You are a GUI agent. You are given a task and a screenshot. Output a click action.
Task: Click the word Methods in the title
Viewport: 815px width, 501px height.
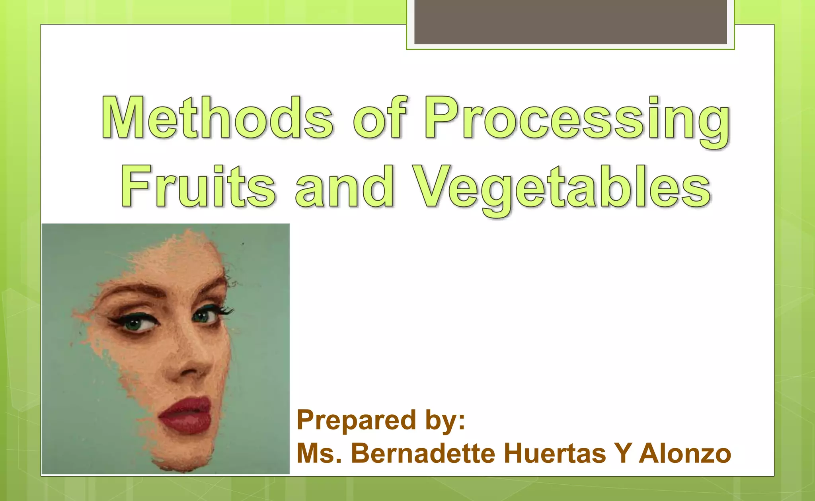(x=217, y=118)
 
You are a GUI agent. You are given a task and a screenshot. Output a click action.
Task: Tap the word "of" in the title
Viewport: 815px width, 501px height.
(x=380, y=118)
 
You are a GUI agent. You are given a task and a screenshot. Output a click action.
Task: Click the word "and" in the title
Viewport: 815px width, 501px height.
(x=344, y=187)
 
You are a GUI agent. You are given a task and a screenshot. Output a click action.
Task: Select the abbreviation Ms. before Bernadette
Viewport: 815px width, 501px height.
(x=319, y=454)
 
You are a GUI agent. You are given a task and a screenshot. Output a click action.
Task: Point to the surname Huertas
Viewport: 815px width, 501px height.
(x=555, y=454)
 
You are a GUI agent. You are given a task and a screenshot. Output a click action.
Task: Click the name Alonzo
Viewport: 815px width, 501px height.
(x=685, y=454)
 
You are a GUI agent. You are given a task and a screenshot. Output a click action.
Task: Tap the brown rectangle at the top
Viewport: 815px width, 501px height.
(x=570, y=22)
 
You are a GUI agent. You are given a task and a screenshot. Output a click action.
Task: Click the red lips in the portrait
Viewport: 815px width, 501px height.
(x=185, y=416)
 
